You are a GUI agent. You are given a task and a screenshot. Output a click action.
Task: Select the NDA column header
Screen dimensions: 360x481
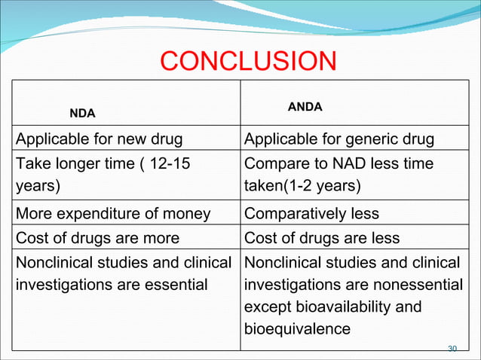pyautogui.click(x=82, y=114)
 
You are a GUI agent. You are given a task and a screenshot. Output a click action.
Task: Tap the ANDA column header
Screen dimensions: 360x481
pyautogui.click(x=305, y=107)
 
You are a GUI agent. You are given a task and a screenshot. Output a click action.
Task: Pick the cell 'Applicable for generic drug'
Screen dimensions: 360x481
pyautogui.click(x=339, y=139)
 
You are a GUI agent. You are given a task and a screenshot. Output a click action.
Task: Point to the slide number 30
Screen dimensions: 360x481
pyautogui.click(x=452, y=348)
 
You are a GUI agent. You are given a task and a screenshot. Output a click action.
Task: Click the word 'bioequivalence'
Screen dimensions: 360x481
pyautogui.click(x=298, y=329)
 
